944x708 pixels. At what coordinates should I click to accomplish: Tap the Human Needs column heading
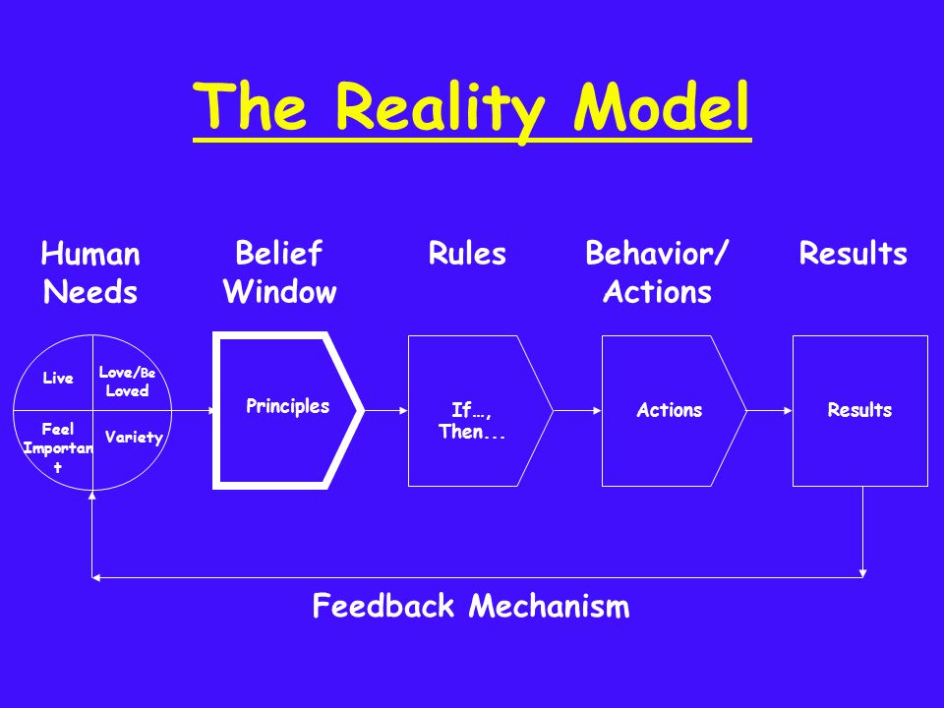click(x=90, y=273)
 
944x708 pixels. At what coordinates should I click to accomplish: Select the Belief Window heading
click(x=279, y=273)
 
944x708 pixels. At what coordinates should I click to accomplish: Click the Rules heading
click(x=467, y=255)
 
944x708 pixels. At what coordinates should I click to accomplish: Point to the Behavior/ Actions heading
click(x=657, y=273)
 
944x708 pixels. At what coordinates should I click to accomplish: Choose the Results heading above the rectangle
click(x=853, y=255)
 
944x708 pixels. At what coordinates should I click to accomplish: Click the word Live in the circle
click(x=58, y=379)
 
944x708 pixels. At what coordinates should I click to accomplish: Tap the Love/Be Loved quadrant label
click(x=128, y=382)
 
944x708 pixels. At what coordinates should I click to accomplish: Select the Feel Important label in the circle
click(x=57, y=448)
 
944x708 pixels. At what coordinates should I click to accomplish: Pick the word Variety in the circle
click(x=133, y=438)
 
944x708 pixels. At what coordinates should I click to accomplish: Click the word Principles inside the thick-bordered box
click(x=287, y=406)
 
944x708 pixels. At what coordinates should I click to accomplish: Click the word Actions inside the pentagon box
click(x=669, y=410)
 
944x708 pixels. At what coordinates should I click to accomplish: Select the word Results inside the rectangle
click(x=859, y=410)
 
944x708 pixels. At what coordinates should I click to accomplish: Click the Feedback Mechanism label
click(x=470, y=606)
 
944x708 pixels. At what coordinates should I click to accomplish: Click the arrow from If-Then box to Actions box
click(x=576, y=410)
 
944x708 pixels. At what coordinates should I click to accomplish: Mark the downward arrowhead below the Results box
click(x=863, y=570)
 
